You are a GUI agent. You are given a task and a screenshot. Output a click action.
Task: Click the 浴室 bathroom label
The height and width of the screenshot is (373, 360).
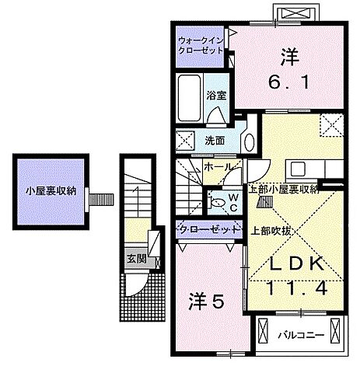215,96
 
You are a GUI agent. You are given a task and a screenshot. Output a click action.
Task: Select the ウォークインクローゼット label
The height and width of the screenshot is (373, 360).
200,44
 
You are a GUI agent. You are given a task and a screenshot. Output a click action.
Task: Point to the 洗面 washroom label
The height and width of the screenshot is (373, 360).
215,141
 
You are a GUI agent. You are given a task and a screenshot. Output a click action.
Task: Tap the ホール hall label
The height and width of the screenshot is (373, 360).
218,167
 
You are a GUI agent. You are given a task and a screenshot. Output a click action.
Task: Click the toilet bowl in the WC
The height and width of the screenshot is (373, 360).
219,203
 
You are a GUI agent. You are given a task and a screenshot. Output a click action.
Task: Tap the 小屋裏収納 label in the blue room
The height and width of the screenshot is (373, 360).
51,190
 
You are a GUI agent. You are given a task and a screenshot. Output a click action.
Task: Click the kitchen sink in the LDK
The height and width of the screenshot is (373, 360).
298,169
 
